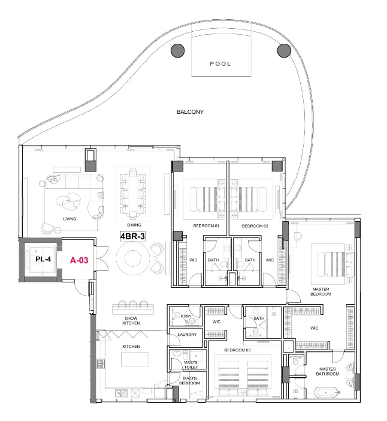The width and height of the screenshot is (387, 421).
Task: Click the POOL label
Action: tap(220, 64)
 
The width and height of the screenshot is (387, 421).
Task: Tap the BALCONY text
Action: tap(190, 112)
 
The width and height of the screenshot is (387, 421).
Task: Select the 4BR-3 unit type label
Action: tap(134, 236)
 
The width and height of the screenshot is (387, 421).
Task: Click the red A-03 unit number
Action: tap(79, 260)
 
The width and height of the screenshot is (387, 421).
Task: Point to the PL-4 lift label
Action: tap(42, 260)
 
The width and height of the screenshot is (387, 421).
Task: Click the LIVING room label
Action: tap(70, 218)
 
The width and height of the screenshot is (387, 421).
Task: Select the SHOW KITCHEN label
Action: tap(131, 321)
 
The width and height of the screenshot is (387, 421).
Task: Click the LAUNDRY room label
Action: tap(187, 335)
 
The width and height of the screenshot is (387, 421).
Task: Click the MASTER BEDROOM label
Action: tap(321, 291)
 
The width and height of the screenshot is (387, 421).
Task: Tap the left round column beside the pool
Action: tap(177, 50)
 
